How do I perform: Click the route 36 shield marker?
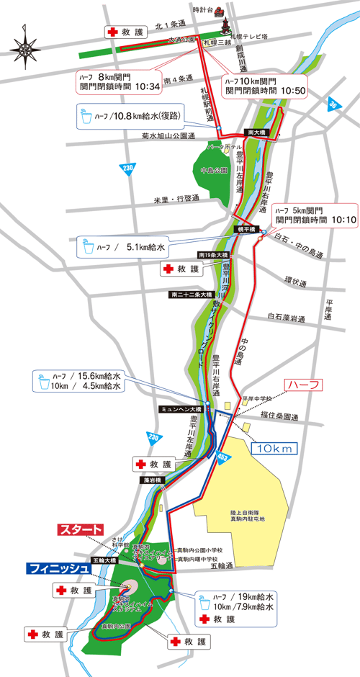pyautogui.click(x=333, y=104)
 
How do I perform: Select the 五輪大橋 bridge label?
pyautogui.click(x=103, y=560)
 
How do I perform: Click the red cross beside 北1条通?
pyautogui.click(x=112, y=32)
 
